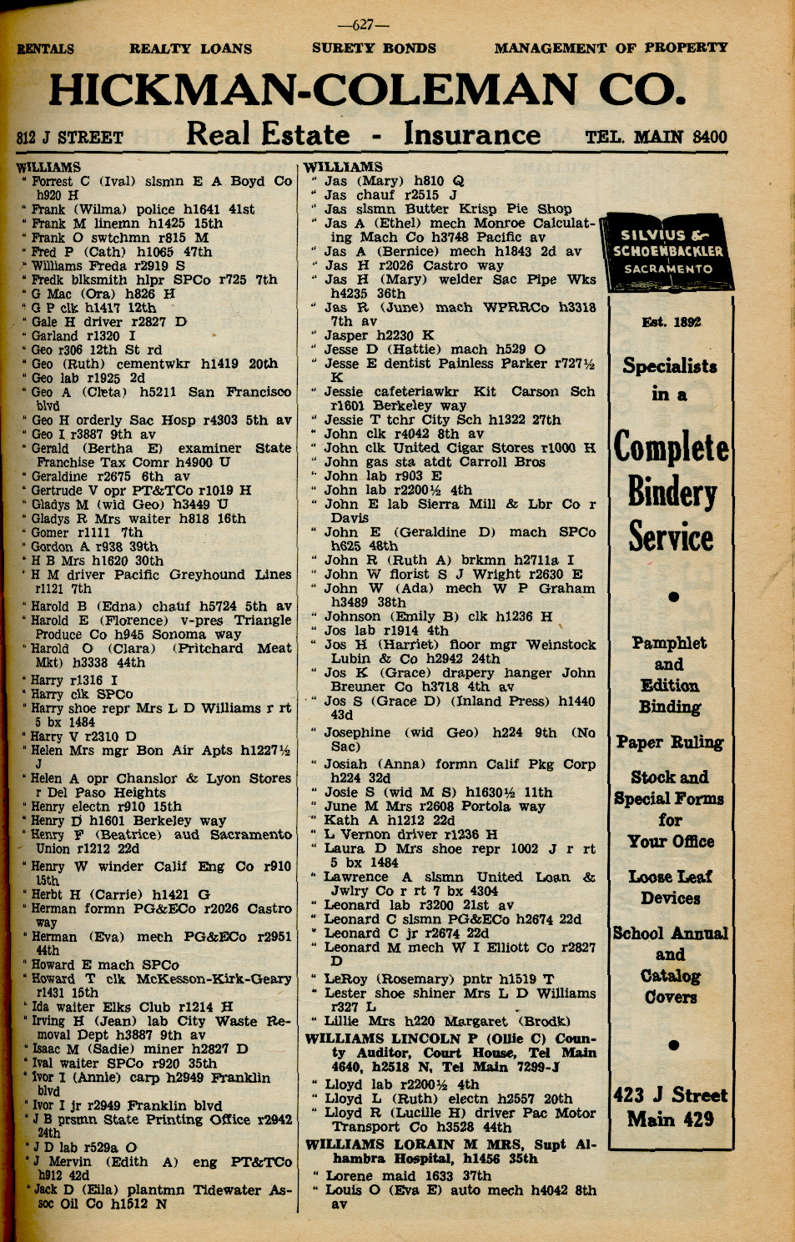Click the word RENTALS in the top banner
coord(45,48)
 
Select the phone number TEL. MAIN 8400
coord(656,137)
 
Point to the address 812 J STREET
coord(70,138)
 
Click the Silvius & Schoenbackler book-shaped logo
coord(672,252)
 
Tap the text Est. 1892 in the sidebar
coord(672,322)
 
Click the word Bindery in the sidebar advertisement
coord(672,492)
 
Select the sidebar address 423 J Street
coord(671,1095)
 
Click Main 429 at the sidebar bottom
coord(671,1119)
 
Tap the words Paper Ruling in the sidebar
coord(670,742)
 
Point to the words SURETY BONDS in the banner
coord(374,48)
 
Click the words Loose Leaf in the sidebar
coord(670,877)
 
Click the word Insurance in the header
coord(471,135)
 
